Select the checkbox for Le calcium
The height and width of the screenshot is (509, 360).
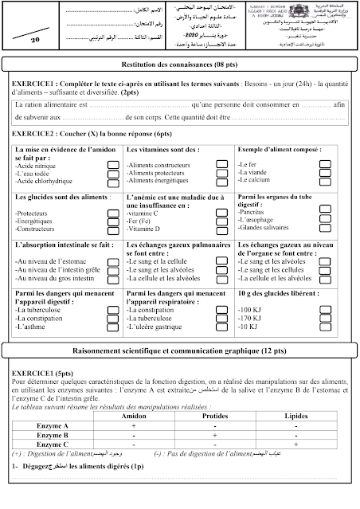tap(324, 181)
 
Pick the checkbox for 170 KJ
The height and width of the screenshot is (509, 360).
tap(324, 318)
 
